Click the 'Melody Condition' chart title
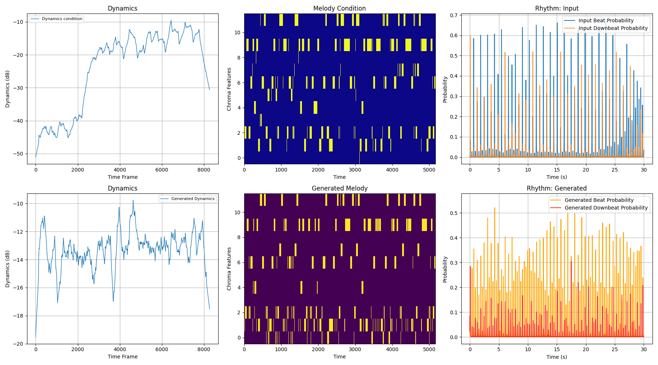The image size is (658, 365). pyautogui.click(x=339, y=8)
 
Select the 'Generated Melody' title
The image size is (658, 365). pyautogui.click(x=339, y=188)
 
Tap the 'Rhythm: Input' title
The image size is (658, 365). pyautogui.click(x=556, y=8)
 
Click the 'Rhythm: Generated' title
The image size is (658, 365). pyautogui.click(x=556, y=188)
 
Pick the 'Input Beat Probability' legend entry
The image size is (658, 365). pyautogui.click(x=606, y=21)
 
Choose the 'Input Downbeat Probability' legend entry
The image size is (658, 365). pyautogui.click(x=613, y=28)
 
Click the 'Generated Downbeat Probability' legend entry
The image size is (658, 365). pyautogui.click(x=606, y=208)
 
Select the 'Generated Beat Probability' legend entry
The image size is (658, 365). pyautogui.click(x=599, y=200)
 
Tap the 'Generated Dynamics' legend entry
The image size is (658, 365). pyautogui.click(x=193, y=199)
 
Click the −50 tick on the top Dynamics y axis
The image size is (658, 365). pyautogui.click(x=18, y=154)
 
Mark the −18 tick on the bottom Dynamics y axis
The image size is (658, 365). pyautogui.click(x=18, y=316)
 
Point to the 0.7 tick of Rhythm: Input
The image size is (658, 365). pyautogui.click(x=454, y=15)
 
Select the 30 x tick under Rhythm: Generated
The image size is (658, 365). pyautogui.click(x=644, y=349)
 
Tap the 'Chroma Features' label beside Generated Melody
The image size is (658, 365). pyautogui.click(x=229, y=269)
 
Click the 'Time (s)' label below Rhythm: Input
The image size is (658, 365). pyautogui.click(x=556, y=177)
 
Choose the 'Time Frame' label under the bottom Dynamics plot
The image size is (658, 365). pyautogui.click(x=122, y=357)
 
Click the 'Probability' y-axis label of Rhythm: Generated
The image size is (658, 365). pyautogui.click(x=445, y=269)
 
